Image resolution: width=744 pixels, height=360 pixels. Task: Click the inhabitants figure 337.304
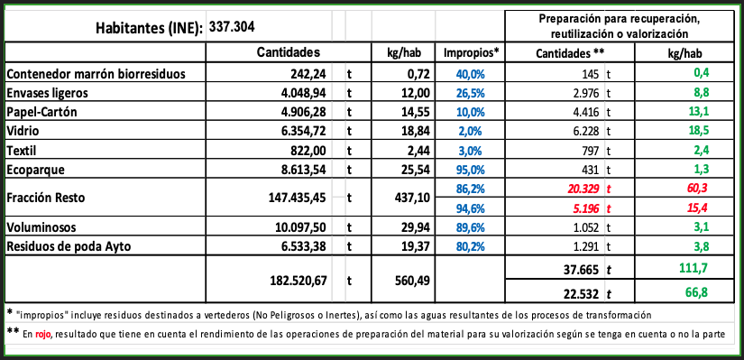[x=232, y=26]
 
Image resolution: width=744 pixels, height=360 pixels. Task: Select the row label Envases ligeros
[x=48, y=93]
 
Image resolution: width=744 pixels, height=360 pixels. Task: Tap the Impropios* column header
[x=472, y=52]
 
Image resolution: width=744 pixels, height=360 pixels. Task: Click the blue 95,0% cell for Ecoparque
[x=471, y=170]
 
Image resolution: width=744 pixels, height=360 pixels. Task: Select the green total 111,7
[x=693, y=268]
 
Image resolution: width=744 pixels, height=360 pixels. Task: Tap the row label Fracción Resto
[x=46, y=198]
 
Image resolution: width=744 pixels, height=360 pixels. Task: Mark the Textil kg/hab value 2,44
[x=418, y=151]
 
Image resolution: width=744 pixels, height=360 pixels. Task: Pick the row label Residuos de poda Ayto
[x=69, y=246]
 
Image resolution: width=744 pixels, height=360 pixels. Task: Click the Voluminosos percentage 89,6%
[x=471, y=227]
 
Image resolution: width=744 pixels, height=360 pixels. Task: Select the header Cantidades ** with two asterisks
[x=570, y=53]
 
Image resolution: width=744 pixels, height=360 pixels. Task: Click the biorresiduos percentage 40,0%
[x=471, y=74]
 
